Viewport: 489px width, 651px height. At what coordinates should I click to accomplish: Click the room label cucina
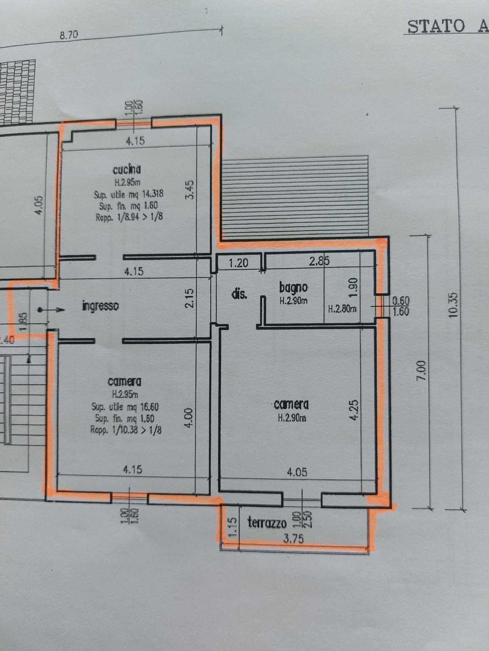[127, 169]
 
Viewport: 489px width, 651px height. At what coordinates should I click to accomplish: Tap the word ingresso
[100, 306]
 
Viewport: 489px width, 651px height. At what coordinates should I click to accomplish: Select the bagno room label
[293, 287]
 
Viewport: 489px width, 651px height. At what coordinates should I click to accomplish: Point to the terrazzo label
[267, 522]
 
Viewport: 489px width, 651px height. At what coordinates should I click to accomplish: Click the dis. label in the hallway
[239, 294]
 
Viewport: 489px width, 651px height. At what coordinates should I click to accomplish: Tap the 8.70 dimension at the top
[68, 35]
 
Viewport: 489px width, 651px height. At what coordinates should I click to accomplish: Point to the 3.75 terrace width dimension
[293, 538]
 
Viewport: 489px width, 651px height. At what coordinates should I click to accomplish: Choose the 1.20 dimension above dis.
[238, 263]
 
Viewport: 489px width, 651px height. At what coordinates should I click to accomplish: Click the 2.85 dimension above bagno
[319, 261]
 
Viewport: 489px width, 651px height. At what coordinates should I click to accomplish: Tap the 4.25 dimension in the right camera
[354, 410]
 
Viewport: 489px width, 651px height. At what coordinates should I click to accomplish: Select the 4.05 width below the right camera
[297, 472]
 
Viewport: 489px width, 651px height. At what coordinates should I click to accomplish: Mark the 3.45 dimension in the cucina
[190, 190]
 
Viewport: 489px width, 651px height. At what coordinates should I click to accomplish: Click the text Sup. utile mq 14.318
[128, 194]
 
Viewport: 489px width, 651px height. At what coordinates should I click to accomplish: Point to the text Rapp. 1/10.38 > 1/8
[126, 430]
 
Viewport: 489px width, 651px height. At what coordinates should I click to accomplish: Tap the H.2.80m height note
[342, 309]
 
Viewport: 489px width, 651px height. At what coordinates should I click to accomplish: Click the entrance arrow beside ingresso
[51, 310]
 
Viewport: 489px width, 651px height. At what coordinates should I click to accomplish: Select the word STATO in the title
[436, 26]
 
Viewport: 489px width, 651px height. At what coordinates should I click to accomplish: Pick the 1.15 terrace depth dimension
[231, 526]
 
